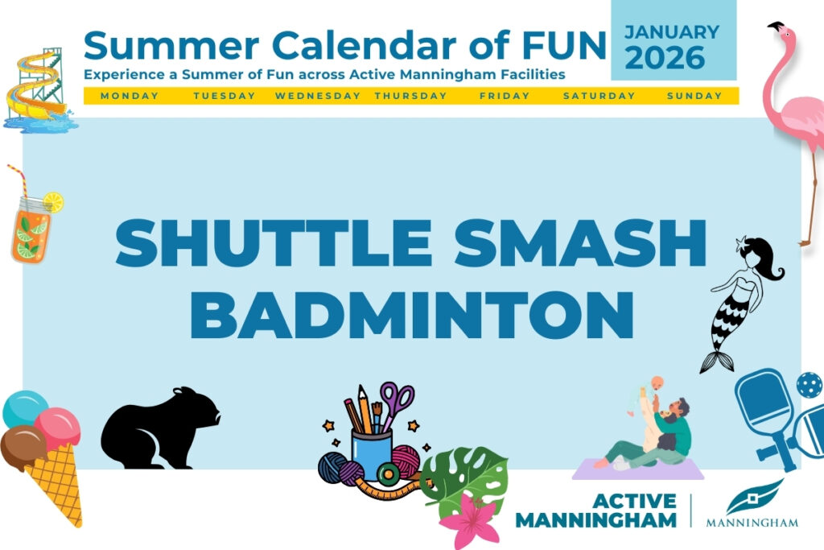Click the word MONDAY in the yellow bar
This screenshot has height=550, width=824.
[130, 96]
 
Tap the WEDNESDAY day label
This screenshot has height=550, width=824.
[318, 96]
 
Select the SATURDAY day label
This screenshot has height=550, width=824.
[599, 96]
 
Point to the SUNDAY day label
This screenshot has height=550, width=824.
[694, 96]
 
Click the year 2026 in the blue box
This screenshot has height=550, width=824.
[665, 58]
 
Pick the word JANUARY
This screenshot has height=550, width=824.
[672, 32]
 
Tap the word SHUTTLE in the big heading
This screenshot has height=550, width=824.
[274, 243]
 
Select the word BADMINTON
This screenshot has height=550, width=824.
[412, 315]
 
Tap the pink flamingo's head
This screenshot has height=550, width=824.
[781, 31]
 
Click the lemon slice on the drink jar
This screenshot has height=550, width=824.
[53, 202]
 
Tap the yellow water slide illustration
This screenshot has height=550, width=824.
[37, 87]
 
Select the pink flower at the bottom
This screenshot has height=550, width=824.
[470, 519]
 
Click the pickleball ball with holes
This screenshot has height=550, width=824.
[810, 386]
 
